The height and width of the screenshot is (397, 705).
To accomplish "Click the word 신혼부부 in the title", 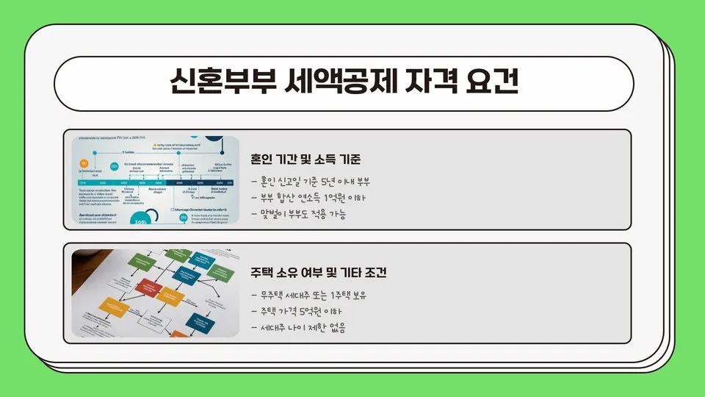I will click(215, 82).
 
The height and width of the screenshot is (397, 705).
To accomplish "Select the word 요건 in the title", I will click(492, 82).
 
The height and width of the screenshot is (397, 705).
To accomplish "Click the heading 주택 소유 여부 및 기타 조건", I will click(319, 273).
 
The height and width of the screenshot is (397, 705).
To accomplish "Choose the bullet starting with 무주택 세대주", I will click(308, 295).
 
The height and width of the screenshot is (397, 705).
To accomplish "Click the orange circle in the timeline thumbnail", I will click(84, 163).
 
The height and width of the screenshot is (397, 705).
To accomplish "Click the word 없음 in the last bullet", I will click(337, 328).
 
